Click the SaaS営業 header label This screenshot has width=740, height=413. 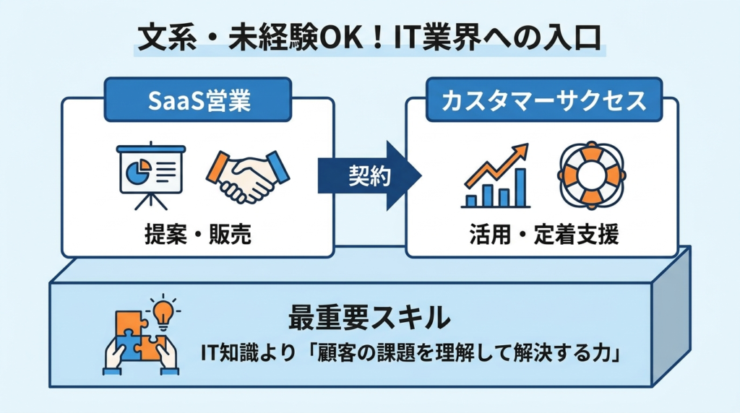coord(198,100)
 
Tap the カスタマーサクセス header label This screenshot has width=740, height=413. coord(535,100)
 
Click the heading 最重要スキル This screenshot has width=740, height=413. coord(369,316)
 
